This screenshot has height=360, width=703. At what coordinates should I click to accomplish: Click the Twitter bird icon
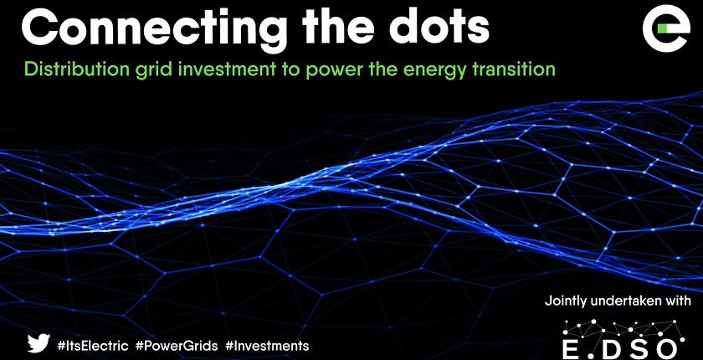pyautogui.click(x=38, y=343)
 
